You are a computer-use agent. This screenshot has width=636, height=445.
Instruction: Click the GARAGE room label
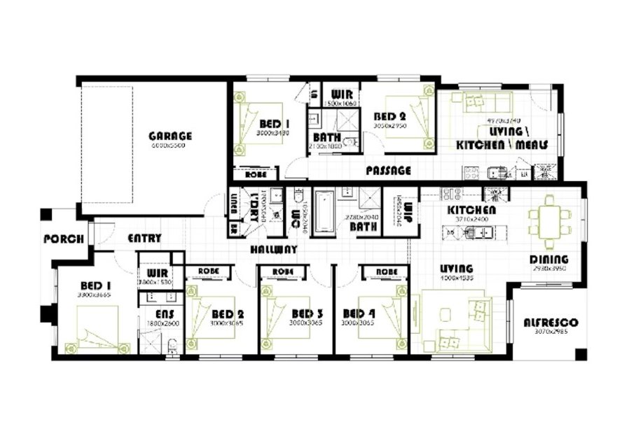click(170, 136)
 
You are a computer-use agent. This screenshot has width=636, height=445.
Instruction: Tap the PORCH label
click(64, 239)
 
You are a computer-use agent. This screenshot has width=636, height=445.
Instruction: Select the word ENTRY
click(144, 239)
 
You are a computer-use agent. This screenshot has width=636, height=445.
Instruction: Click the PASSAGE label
click(388, 170)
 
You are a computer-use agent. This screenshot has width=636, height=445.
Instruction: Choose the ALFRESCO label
click(551, 323)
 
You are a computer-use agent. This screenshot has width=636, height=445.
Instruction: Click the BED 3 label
click(307, 313)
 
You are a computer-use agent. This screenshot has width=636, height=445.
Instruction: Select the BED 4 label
click(359, 313)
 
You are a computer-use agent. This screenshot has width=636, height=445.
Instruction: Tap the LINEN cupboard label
click(233, 202)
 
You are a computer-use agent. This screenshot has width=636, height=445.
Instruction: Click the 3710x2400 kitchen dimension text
click(472, 219)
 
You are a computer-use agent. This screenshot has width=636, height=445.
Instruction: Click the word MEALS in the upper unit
click(532, 144)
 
